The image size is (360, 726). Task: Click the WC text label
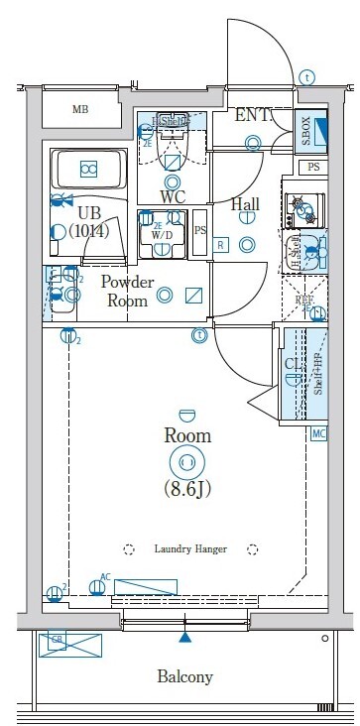tap(174, 195)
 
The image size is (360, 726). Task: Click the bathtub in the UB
tap(89, 169)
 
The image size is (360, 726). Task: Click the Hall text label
tap(245, 205)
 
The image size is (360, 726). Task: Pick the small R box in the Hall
tap(220, 244)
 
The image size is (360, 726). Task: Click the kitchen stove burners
tap(300, 207)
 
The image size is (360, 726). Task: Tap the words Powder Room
tap(126, 292)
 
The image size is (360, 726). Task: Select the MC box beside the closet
tap(319, 434)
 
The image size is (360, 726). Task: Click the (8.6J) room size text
tap(186, 489)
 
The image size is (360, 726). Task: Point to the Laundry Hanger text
tap(189, 548)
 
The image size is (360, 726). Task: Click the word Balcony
tap(184, 677)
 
